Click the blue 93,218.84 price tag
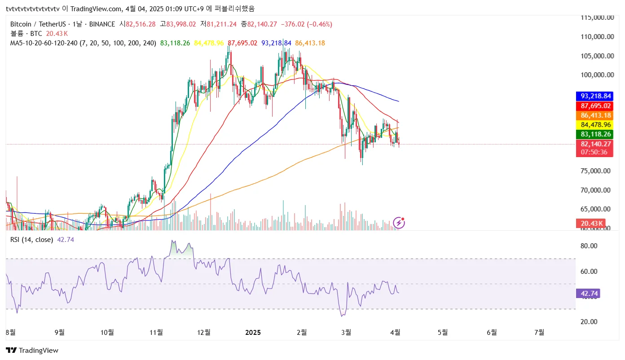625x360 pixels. tap(594, 96)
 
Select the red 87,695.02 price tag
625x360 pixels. tap(594, 106)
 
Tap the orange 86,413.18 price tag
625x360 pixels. tap(594, 115)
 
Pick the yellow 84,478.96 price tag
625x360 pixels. tap(594, 125)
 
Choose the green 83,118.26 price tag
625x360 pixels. tap(594, 134)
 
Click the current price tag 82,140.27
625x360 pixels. tap(594, 144)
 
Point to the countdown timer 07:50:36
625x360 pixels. tap(594, 152)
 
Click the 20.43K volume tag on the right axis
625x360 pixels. tap(591, 223)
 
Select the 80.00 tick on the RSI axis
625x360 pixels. tap(589, 246)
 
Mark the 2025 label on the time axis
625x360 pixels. tap(253, 333)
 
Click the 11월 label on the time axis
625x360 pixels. tap(156, 333)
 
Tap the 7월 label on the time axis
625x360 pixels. tap(540, 333)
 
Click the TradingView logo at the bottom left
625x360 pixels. tap(32, 351)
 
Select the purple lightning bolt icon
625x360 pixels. tap(399, 222)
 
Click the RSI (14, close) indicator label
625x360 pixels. tap(31, 240)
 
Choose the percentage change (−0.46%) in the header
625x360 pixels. tap(319, 24)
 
